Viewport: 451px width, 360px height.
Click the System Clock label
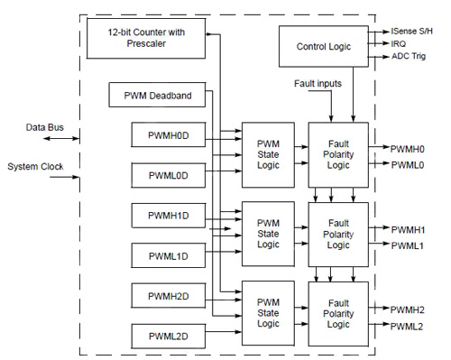(36, 167)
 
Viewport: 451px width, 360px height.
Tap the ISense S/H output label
(416, 30)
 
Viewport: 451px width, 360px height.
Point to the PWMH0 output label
(409, 147)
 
